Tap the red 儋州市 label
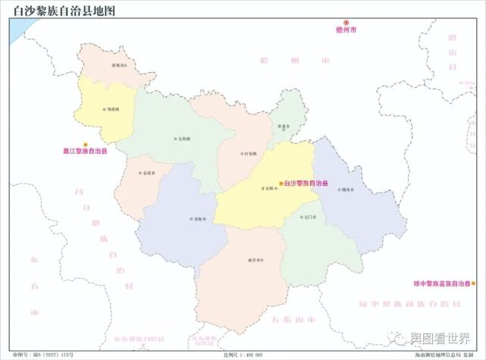[346, 30]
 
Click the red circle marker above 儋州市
[346, 22]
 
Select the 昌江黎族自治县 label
[85, 152]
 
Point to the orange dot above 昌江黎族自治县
[86, 144]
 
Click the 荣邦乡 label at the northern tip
[118, 66]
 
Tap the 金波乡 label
[148, 173]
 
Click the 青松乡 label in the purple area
[197, 220]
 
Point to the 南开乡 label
[255, 260]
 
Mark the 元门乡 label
[308, 217]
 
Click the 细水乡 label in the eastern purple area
[347, 189]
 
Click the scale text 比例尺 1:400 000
[243, 355]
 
